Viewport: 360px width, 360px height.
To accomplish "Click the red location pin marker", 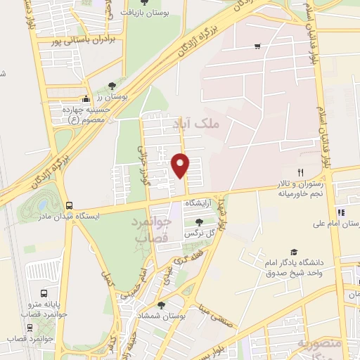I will click(181, 165).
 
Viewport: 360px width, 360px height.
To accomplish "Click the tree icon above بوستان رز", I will click(112, 85).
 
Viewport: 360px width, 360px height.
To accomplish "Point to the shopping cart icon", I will click(257, 46).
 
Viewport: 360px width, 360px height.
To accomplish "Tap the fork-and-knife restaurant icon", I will click(300, 172).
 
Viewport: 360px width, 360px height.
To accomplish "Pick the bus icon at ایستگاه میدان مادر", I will click(68, 205).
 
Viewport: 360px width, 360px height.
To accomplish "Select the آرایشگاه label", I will click(198, 203).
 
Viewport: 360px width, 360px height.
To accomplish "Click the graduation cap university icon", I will click(292, 251).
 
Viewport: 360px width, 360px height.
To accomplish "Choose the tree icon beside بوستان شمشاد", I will click(162, 305).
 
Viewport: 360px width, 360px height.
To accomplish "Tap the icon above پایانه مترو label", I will click(45, 293).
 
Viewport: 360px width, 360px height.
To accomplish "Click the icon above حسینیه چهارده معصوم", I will click(86, 98).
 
